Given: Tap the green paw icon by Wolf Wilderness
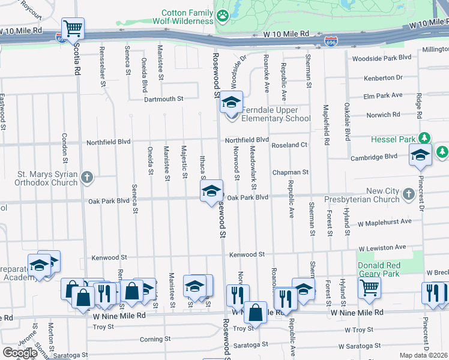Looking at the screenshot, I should click(223, 16).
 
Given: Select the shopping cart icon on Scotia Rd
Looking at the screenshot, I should click(73, 28).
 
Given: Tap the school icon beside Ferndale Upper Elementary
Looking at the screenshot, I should click(231, 103).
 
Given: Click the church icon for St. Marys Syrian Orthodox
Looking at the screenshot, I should click(87, 177).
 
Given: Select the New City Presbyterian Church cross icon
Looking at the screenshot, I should click(409, 193).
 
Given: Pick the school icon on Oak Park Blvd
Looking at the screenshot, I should click(211, 191).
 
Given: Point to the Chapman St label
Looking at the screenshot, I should click(290, 172).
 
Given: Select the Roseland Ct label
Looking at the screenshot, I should click(289, 145).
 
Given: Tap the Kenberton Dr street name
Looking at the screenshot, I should click(383, 78).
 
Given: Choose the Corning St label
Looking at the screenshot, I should click(151, 339).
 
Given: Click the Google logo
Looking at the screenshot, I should click(19, 353).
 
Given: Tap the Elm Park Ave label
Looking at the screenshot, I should click(382, 95).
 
